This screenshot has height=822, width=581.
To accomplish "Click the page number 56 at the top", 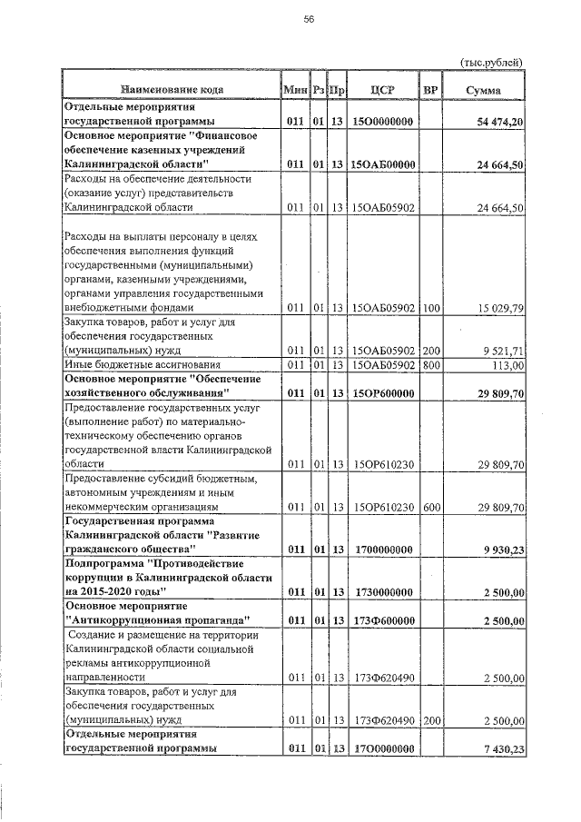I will click(x=309, y=23).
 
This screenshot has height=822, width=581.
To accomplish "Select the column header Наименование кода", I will click(x=170, y=89).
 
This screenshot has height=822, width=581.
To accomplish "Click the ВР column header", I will click(x=430, y=89).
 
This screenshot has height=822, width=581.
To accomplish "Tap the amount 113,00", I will click(x=508, y=365).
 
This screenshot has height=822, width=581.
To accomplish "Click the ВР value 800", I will click(x=430, y=365).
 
